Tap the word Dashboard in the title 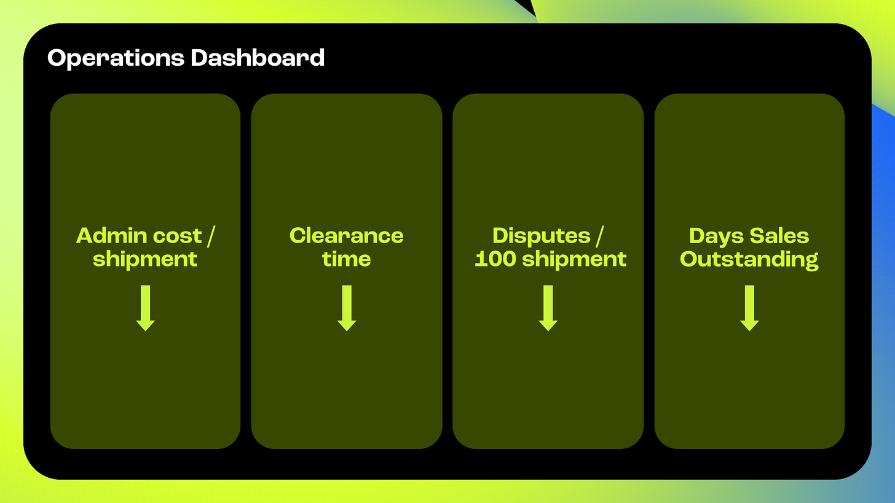258,58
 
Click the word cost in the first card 178,236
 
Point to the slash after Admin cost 211,236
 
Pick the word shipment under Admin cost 145,259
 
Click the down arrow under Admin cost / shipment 145,308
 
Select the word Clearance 347,236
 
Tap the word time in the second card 347,259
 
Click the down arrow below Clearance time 347,308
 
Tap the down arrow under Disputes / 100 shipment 548,308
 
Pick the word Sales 778,236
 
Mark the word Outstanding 749,260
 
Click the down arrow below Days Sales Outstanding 749,308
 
